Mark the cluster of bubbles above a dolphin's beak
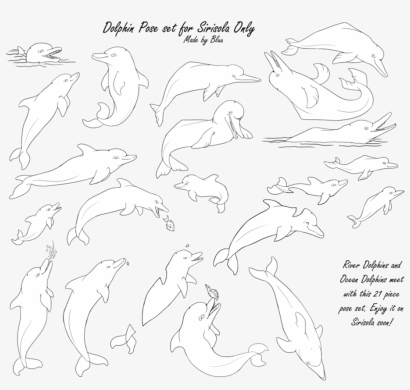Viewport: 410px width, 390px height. [x=50, y=251]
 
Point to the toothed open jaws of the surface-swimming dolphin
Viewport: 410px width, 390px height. [x=382, y=124]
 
